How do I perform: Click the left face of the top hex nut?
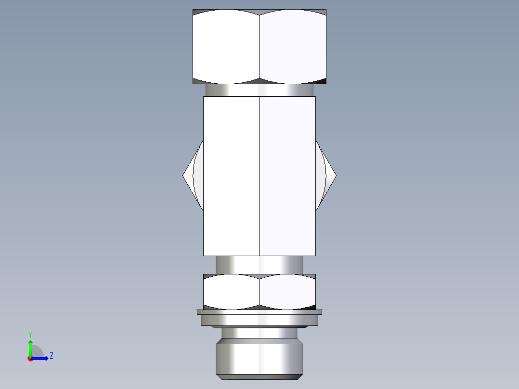click(x=226, y=46)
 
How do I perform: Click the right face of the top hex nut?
click(x=293, y=46)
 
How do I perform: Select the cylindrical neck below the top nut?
click(x=259, y=90)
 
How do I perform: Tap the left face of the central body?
click(x=231, y=176)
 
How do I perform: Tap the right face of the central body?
click(x=287, y=176)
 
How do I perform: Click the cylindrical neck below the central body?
click(x=259, y=264)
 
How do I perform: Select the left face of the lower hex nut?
click(x=231, y=291)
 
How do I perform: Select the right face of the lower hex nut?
click(x=287, y=291)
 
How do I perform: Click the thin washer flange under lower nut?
click(x=259, y=312)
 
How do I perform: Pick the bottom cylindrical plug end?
click(x=259, y=356)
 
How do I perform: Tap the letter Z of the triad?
click(x=51, y=356)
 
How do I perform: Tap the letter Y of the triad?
click(x=30, y=335)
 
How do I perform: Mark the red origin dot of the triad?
click(x=30, y=359)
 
